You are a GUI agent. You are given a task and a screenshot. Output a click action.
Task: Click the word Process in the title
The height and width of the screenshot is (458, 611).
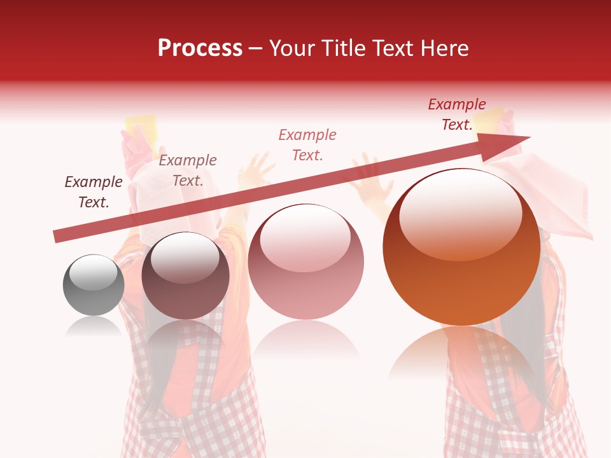click(x=200, y=48)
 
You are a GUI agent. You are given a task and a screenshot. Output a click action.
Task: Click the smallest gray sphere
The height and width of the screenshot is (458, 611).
click(x=94, y=285)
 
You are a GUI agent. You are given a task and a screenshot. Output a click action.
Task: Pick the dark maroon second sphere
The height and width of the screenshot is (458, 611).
click(x=185, y=276)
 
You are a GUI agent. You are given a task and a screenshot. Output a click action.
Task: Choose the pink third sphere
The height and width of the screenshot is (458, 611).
click(x=305, y=261)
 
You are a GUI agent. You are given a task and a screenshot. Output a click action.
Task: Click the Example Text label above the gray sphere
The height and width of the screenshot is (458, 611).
click(x=94, y=192)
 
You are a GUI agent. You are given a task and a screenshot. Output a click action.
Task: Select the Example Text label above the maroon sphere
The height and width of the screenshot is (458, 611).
click(x=188, y=170)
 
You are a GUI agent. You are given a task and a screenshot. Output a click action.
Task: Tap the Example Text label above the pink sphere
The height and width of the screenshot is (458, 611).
click(x=307, y=144)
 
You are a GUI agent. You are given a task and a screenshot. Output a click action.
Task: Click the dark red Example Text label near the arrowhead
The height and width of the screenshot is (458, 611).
click(x=457, y=114)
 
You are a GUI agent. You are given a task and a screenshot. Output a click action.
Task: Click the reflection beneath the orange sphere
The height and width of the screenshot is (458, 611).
click(x=461, y=356)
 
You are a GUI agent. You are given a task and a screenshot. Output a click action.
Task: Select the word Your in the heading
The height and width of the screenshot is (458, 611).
click(x=291, y=48)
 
